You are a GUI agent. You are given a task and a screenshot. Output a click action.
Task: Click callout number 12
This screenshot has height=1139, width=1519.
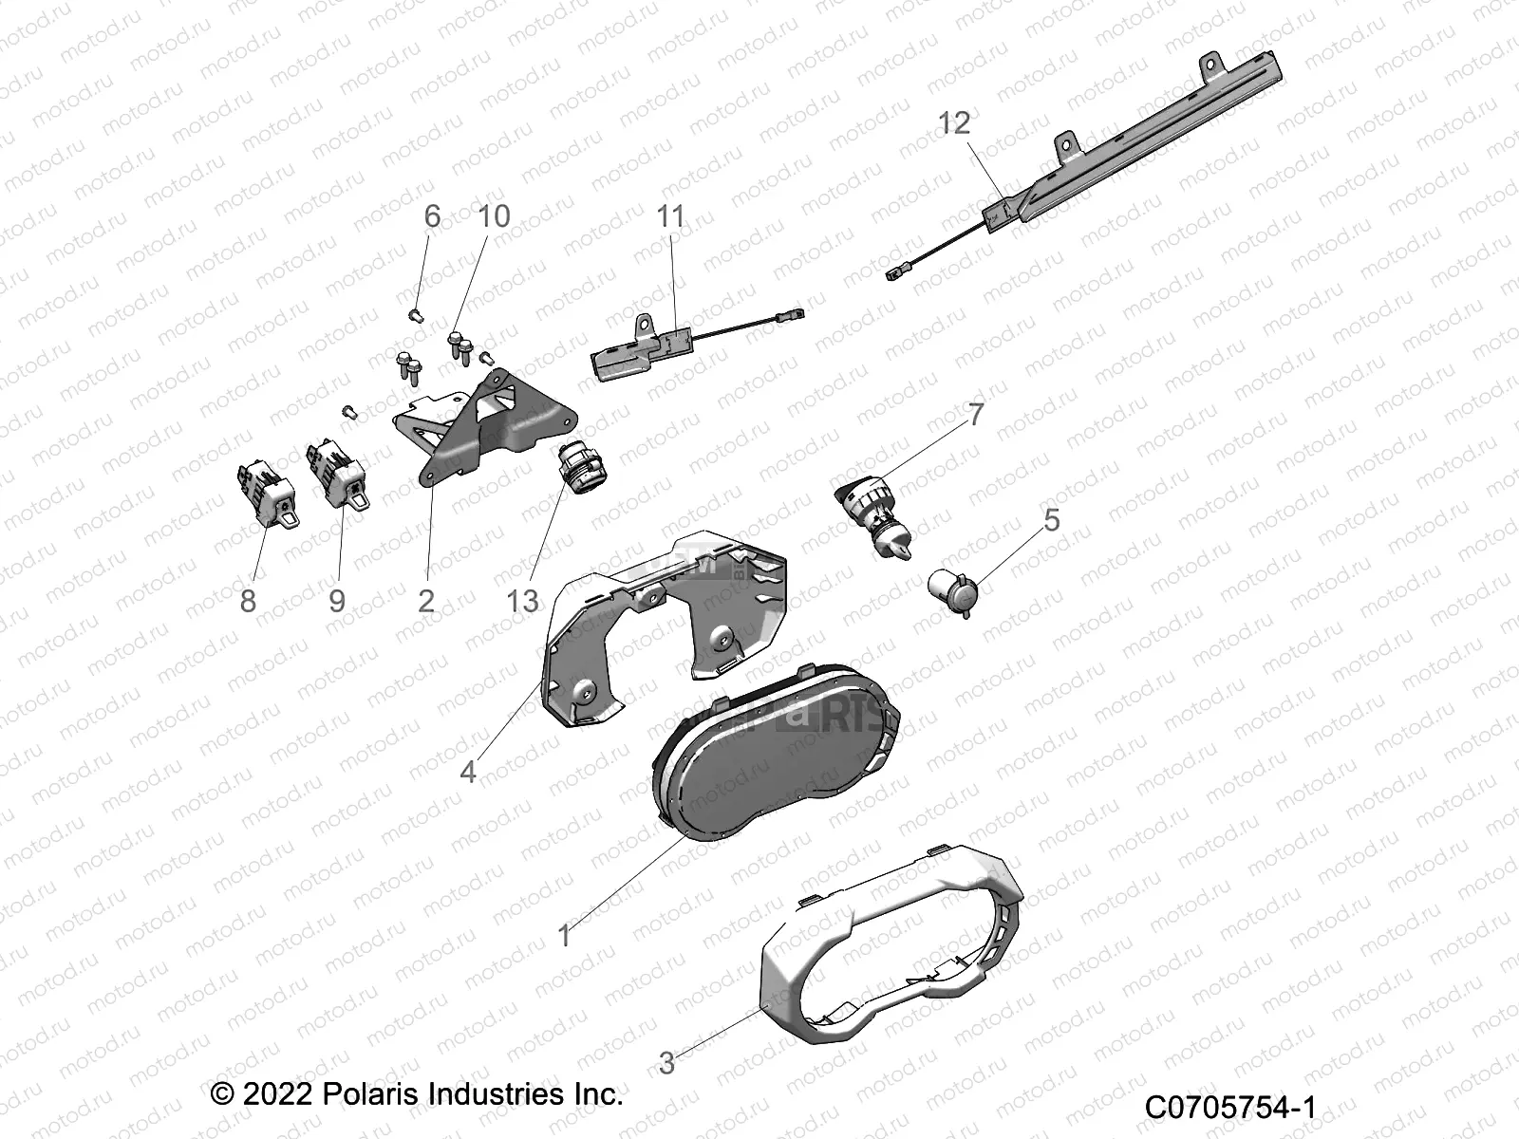[x=955, y=123]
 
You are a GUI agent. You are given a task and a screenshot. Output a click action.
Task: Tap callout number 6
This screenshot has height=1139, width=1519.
[x=432, y=216]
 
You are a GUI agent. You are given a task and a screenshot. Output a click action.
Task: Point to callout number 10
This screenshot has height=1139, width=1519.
[x=494, y=216]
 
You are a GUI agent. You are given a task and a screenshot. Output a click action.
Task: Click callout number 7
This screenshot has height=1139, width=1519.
[x=976, y=415]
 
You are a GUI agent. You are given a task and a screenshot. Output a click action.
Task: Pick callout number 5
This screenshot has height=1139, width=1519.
[x=1051, y=520]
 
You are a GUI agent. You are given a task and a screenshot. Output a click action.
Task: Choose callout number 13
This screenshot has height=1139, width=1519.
[x=522, y=601]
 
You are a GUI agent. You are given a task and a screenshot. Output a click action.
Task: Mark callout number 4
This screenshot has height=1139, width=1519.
[x=468, y=772]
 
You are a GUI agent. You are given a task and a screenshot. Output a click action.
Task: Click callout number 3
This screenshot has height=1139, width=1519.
[x=666, y=1063]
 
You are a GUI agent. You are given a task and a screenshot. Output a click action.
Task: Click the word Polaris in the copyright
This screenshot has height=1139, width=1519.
[x=366, y=1093]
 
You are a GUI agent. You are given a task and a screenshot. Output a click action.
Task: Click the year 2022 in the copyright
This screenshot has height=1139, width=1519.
[x=276, y=1093]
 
